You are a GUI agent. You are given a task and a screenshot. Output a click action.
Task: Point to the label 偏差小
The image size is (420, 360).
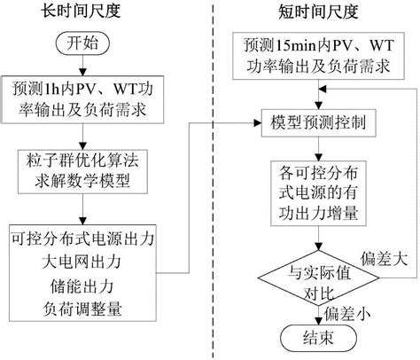tap(347, 312)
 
